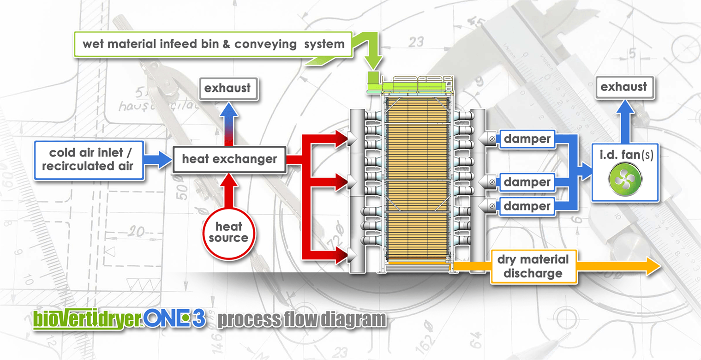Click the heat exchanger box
[x=229, y=160]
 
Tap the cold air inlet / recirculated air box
[x=89, y=160]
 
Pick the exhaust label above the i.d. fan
[x=624, y=87]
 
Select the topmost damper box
[x=527, y=138]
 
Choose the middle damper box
[x=527, y=182]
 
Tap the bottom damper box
[x=527, y=206]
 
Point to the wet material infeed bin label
[x=213, y=44]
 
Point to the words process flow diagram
[x=301, y=320]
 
